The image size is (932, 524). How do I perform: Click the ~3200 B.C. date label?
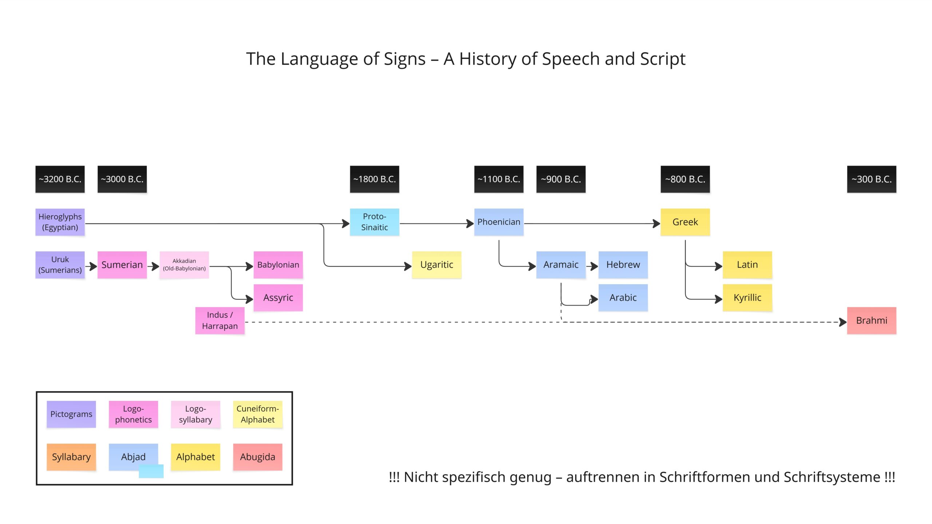coord(60,179)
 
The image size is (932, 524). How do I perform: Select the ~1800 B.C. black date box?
coord(375,179)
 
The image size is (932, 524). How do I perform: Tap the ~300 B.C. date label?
coord(872,179)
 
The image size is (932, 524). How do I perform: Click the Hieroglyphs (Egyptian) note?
coord(60,222)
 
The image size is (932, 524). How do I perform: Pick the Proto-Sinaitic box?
coord(375,222)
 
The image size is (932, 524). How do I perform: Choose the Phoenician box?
coord(499,222)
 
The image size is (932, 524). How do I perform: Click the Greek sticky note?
coord(685,222)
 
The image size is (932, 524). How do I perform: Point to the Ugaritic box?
coord(437,265)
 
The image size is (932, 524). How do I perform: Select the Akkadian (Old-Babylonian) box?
coord(184,265)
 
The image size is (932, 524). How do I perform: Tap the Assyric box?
coord(278,298)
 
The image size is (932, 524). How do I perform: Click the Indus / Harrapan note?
coord(220,321)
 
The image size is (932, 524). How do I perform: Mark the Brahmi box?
coord(872,321)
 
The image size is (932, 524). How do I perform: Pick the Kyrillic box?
coord(747,298)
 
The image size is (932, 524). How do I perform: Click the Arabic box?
coord(623,298)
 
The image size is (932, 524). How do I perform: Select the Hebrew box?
coord(623,265)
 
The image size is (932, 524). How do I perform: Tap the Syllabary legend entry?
coord(71,457)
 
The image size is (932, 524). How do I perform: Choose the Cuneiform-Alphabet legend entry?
coord(258,414)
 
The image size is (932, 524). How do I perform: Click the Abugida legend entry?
coord(258,457)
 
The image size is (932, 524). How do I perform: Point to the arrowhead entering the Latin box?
coord(719,266)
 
